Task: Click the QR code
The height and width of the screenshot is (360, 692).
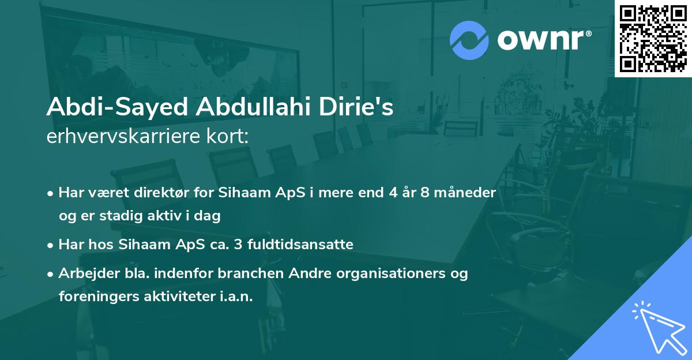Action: (x=653, y=38)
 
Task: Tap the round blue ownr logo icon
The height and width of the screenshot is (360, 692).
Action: (x=469, y=40)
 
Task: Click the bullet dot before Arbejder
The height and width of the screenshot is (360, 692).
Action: (x=51, y=274)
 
